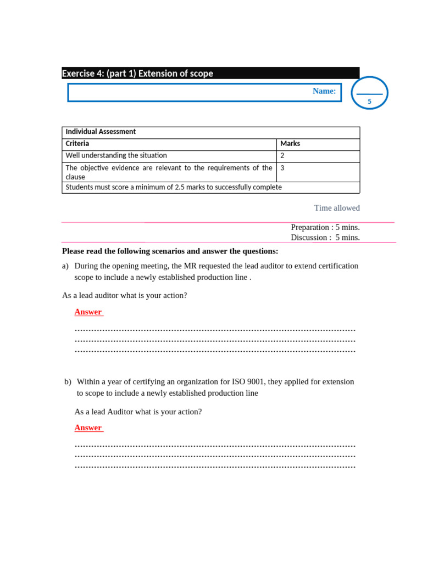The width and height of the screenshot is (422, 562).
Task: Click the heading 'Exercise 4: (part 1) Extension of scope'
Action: click(137, 74)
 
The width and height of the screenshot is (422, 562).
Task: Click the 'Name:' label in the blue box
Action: click(324, 91)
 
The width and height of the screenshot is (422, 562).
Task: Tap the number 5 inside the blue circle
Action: click(369, 102)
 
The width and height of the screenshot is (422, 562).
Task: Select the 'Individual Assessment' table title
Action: click(101, 132)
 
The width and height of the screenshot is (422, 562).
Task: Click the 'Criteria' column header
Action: click(77, 144)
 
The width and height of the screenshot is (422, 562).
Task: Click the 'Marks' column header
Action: click(290, 144)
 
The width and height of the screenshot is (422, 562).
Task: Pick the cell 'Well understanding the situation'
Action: click(116, 156)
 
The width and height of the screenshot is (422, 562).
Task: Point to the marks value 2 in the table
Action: click(282, 156)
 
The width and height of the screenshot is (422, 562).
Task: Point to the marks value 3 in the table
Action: click(282, 168)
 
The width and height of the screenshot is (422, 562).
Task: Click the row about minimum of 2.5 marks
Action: click(174, 187)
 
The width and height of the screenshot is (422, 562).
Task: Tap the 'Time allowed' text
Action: click(337, 208)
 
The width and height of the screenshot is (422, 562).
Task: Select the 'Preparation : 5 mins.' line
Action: click(325, 227)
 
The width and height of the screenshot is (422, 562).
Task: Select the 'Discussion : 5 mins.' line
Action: click(325, 238)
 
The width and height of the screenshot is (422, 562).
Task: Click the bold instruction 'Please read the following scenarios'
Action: click(170, 251)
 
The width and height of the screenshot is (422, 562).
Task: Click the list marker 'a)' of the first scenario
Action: click(65, 266)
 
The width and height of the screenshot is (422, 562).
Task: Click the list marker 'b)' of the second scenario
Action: click(68, 381)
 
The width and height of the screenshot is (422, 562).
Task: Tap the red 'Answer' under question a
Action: click(88, 312)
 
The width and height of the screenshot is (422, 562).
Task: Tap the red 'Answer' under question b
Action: click(88, 428)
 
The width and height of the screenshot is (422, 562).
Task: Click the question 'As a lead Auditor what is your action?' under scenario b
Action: click(138, 412)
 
